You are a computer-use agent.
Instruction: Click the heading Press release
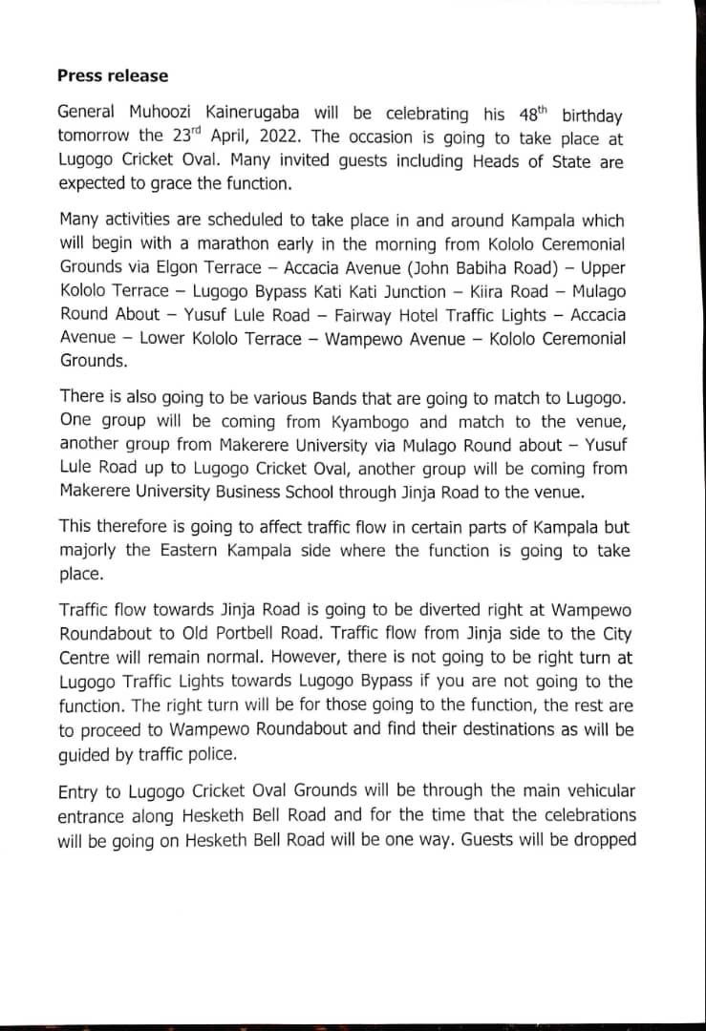click(x=113, y=75)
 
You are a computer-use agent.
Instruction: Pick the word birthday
click(x=592, y=116)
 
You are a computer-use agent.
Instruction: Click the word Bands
click(x=273, y=394)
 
